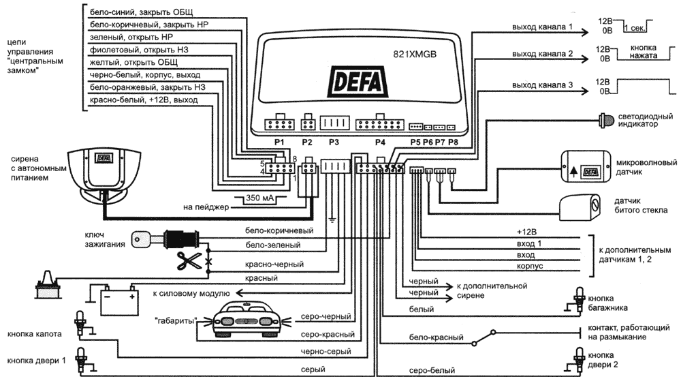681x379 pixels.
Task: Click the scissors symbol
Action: (x=187, y=260)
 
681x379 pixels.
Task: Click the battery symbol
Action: (x=112, y=299)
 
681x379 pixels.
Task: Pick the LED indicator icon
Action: (x=605, y=120)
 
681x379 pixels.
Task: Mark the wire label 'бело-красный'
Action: (x=436, y=337)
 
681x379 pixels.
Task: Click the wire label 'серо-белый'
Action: (x=428, y=371)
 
